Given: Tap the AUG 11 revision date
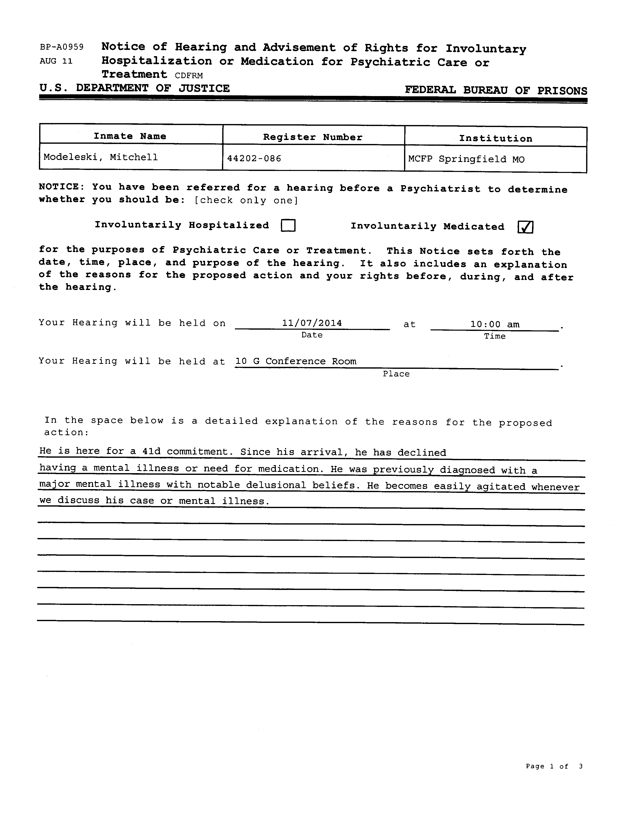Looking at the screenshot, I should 56,61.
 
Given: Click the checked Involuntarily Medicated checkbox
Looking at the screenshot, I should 525,227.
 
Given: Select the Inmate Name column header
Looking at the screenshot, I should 130,136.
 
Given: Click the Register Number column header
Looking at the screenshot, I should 313,137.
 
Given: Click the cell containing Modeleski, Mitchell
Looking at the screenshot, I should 101,157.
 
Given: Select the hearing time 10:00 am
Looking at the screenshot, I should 495,324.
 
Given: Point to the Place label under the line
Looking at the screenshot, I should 396,374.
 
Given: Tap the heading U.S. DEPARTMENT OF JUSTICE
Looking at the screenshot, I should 134,88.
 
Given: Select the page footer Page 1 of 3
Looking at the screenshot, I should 554,766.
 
